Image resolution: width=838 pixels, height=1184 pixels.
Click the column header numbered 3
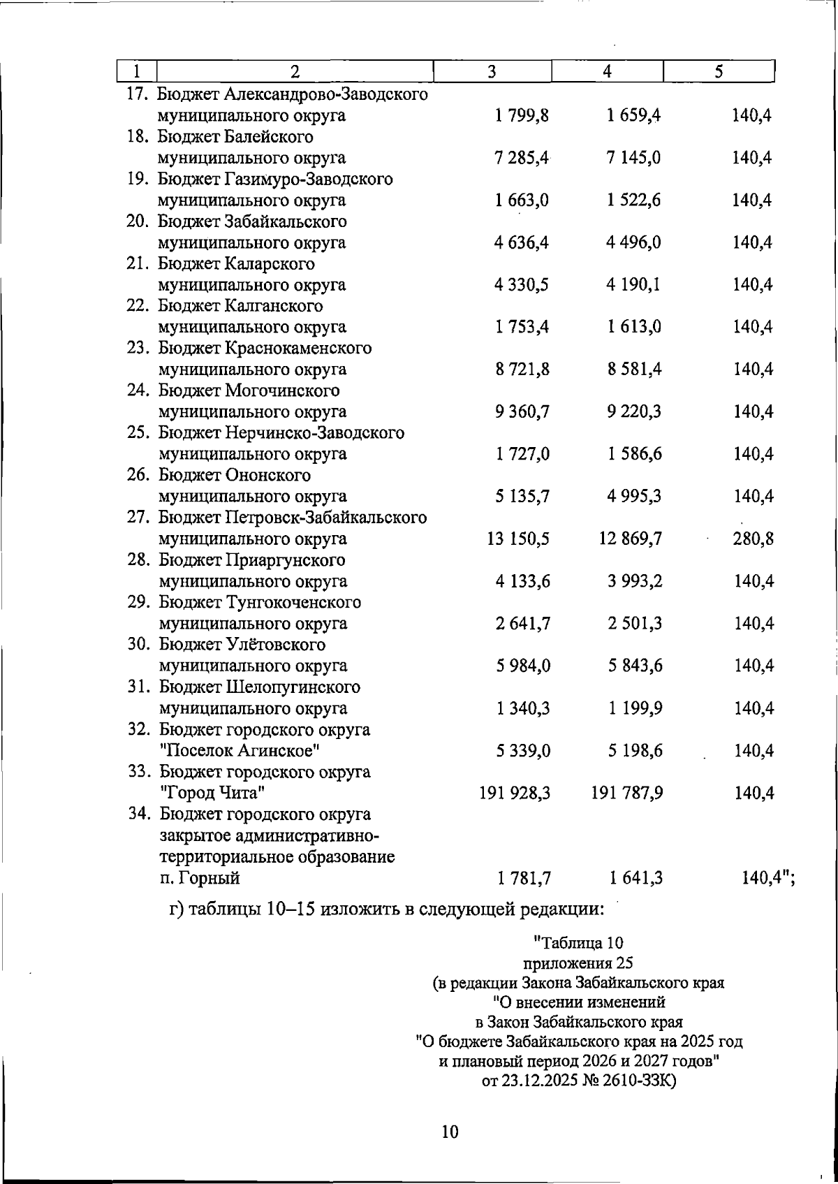tap(492, 72)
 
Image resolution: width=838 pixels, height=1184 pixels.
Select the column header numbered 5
tap(719, 72)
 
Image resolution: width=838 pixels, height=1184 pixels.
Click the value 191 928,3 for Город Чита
tap(515, 794)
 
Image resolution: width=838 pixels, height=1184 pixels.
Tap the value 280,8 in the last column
tap(754, 539)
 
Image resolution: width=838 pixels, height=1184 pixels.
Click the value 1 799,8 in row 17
tap(522, 116)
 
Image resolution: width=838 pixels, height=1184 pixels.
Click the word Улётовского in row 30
tap(274, 645)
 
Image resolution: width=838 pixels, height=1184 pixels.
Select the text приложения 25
tap(578, 963)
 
